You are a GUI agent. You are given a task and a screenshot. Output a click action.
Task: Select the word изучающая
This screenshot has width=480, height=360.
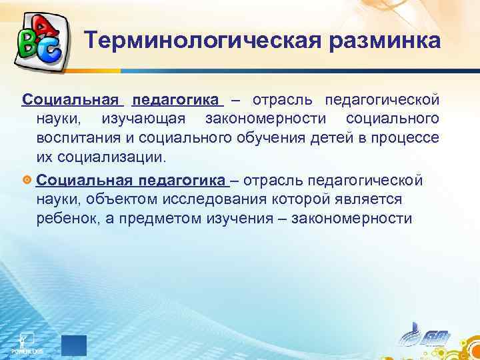[144, 119]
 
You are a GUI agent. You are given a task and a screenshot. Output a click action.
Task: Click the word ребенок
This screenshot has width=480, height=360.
[69, 219]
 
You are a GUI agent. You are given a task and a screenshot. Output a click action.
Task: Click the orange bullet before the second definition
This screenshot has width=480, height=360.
[27, 181]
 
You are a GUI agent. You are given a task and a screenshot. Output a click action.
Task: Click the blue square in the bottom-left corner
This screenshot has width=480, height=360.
[74, 345]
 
